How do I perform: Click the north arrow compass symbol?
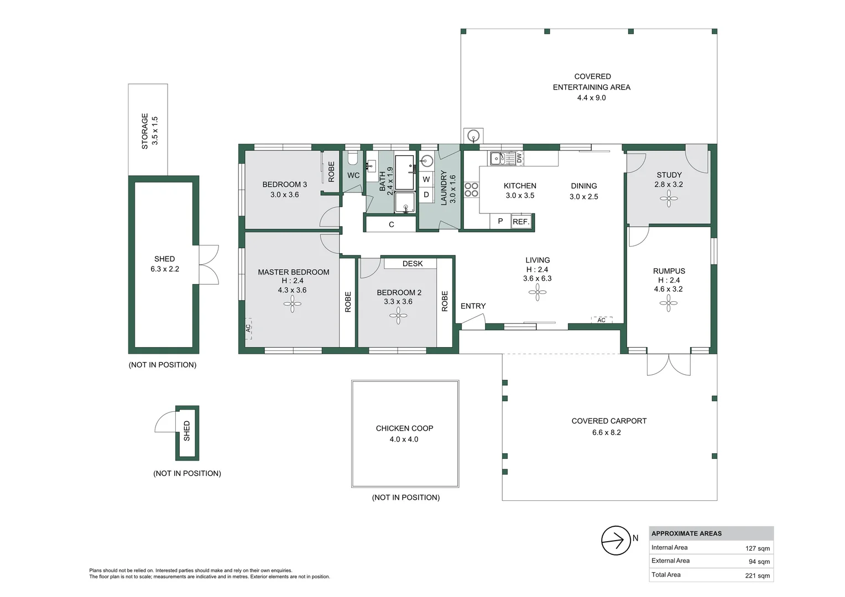[x=616, y=541]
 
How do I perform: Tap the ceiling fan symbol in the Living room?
[x=538, y=293]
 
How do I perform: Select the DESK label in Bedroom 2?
[x=413, y=264]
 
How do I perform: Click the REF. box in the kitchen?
[x=520, y=222]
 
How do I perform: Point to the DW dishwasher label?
[x=519, y=159]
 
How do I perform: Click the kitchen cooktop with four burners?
[x=471, y=190]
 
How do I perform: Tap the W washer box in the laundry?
[x=426, y=179]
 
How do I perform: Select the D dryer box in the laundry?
[x=426, y=195]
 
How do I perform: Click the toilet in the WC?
[x=353, y=159]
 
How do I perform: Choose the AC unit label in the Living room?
[x=601, y=320]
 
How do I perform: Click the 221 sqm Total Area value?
[x=757, y=575]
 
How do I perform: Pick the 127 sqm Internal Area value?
[x=757, y=548]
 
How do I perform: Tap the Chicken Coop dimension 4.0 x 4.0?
[x=404, y=439]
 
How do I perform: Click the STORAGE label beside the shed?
[x=145, y=131]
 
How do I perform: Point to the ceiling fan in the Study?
[x=669, y=198]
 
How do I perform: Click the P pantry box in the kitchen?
[x=500, y=221]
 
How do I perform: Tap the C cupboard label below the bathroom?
[x=391, y=224]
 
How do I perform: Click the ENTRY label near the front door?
[x=473, y=306]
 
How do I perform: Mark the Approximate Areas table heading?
[x=686, y=533]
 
